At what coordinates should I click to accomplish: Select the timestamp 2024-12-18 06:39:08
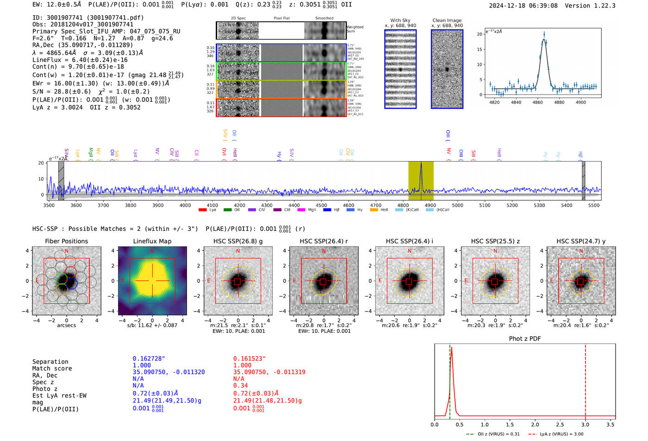[x=523, y=6]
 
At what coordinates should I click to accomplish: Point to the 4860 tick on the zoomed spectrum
[x=538, y=102]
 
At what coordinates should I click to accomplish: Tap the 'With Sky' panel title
[x=400, y=20]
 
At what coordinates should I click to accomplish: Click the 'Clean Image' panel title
[x=447, y=20]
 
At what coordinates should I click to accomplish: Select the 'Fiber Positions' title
[x=66, y=241]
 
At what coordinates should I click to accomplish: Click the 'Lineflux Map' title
[x=152, y=241]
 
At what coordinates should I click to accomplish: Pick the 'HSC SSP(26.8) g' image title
[x=238, y=241]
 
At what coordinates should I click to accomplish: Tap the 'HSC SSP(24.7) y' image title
[x=581, y=241]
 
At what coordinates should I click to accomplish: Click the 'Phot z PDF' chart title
[x=525, y=339]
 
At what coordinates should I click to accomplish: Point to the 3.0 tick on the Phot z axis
[x=586, y=424]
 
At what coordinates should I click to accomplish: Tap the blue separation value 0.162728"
[x=149, y=359]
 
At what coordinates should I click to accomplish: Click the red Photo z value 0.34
[x=240, y=385]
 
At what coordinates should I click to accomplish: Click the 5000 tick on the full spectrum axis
[x=457, y=205]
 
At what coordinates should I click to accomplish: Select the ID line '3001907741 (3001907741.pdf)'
[x=88, y=18]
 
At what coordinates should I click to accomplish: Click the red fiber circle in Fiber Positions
[x=70, y=272]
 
